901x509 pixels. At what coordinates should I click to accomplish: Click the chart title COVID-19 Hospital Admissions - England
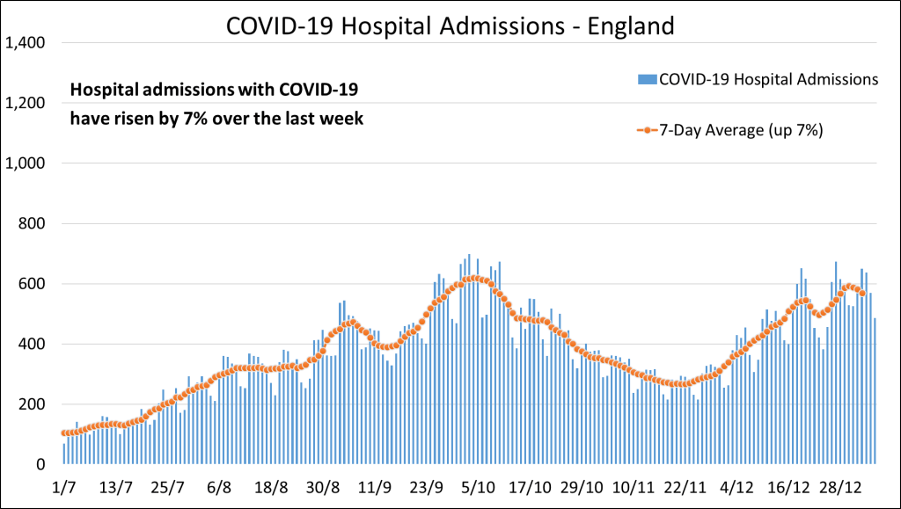click(450, 25)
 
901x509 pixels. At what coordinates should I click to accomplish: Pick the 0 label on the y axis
click(40, 464)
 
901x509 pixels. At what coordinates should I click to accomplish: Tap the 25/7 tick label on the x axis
click(167, 486)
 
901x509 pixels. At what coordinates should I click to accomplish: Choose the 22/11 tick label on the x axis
click(685, 486)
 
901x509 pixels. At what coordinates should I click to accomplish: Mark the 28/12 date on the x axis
click(840, 486)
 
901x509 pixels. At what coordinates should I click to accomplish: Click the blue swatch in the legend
click(647, 79)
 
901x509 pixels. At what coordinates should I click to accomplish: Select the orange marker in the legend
click(647, 130)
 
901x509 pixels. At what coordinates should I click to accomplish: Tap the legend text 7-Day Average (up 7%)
click(741, 130)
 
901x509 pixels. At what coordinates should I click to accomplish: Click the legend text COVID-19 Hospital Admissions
click(768, 79)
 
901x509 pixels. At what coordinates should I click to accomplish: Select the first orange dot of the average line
click(64, 433)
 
